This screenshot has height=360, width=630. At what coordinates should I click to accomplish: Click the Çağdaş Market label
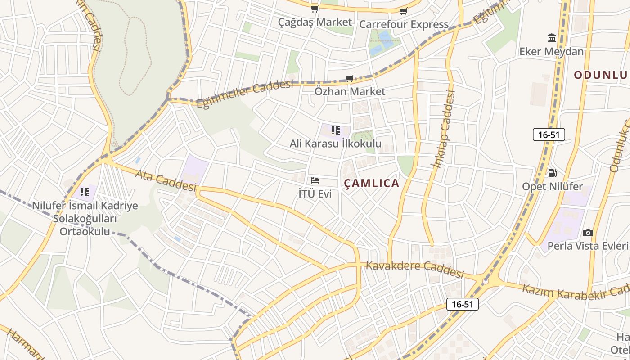315,22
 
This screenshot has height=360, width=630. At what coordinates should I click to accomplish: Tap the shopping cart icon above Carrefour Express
403,11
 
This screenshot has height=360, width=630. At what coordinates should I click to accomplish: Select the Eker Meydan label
551,51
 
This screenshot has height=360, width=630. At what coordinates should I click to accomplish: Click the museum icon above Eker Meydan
551,38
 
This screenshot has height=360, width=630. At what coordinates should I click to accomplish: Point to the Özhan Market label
350,91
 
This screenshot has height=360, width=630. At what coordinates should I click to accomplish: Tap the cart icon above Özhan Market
350,78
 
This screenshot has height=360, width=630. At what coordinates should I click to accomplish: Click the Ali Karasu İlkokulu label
335,144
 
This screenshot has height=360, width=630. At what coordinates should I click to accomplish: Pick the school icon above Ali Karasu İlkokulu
335,130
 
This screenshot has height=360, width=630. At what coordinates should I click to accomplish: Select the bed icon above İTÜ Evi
315,180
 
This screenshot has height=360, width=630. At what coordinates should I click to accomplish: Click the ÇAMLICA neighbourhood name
372,183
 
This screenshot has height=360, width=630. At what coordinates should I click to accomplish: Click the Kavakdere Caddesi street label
414,268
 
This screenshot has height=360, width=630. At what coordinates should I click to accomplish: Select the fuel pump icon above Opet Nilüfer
552,173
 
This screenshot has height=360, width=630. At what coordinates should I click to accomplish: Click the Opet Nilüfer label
552,186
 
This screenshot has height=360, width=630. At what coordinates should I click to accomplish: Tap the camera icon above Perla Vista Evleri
588,233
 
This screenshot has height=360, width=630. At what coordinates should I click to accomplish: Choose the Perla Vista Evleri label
588,246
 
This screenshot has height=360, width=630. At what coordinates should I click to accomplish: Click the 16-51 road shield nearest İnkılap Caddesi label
549,134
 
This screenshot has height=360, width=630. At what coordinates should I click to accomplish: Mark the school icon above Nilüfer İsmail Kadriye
84,192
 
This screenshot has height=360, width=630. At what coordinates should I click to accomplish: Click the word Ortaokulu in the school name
85,232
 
